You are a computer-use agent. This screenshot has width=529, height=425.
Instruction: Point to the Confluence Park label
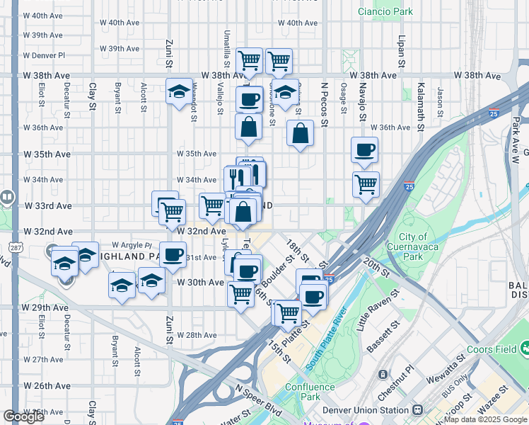click(x=310, y=392)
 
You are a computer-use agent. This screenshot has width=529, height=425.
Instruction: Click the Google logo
click(x=23, y=416)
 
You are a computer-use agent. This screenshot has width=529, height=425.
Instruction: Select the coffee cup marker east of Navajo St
click(x=365, y=149)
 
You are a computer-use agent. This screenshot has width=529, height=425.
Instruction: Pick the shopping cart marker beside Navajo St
click(x=366, y=184)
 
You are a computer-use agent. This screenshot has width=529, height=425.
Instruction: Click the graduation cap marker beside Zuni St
click(x=180, y=91)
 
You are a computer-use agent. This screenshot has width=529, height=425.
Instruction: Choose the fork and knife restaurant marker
click(x=237, y=177)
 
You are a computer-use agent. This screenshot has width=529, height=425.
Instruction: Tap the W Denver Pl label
click(x=44, y=55)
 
